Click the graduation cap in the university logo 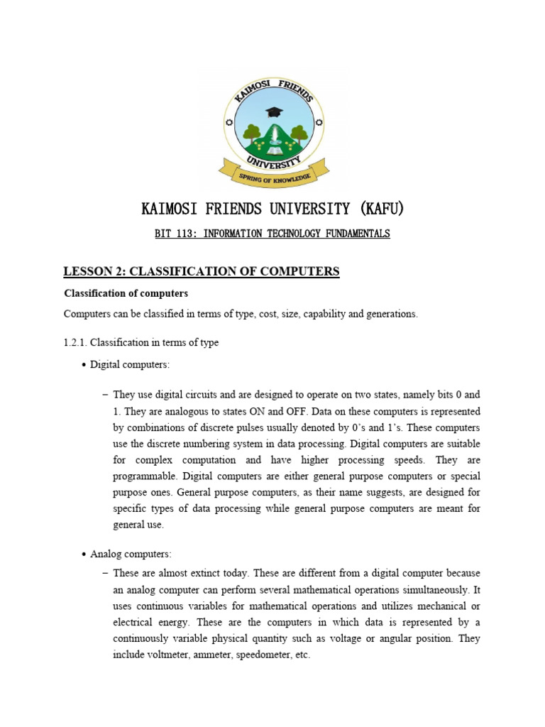click(272, 112)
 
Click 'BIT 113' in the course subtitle click(175, 234)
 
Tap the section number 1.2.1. click(76, 342)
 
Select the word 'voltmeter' click(170, 655)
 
